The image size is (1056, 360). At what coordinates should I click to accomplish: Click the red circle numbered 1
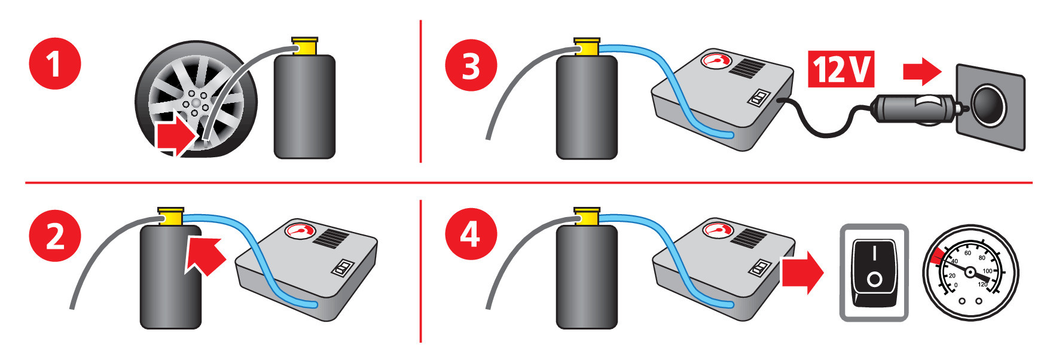point(54,63)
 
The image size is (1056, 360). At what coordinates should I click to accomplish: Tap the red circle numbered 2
point(54,236)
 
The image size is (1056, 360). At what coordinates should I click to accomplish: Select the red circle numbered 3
point(471,65)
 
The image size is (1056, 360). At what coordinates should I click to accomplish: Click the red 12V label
point(841,69)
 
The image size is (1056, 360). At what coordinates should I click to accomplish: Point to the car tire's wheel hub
point(195,105)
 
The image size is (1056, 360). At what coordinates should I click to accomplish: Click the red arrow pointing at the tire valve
point(175,137)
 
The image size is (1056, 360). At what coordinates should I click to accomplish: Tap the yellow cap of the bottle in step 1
point(305,46)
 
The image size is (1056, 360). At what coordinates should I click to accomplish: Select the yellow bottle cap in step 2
point(170,216)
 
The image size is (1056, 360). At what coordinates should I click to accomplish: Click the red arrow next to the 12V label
point(921,72)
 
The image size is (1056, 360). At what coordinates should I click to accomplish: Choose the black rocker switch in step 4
point(874,272)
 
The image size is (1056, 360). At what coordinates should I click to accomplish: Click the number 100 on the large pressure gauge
point(987,271)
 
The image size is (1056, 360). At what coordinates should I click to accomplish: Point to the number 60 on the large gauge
point(968,253)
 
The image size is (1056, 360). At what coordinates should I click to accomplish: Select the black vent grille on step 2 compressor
point(331,238)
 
